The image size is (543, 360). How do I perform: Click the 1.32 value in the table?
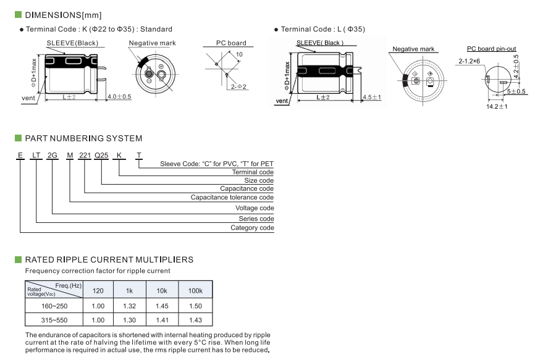click(x=130, y=306)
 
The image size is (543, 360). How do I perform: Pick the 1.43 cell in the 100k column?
click(x=195, y=320)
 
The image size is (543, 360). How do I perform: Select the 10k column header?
click(x=162, y=290)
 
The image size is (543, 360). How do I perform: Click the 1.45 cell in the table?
click(x=162, y=306)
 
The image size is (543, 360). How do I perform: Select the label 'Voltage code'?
click(x=255, y=208)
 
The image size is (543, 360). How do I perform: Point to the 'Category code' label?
click(x=252, y=228)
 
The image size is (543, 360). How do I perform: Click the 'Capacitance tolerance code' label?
click(x=232, y=198)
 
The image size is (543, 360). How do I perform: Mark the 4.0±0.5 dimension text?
click(x=119, y=97)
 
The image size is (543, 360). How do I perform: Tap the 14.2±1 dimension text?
click(x=497, y=107)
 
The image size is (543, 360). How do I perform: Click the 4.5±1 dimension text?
click(x=372, y=98)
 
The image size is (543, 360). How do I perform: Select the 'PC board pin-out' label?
click(x=491, y=49)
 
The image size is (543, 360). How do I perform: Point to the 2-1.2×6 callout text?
click(x=469, y=62)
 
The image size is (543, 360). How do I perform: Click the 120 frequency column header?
click(x=98, y=290)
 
